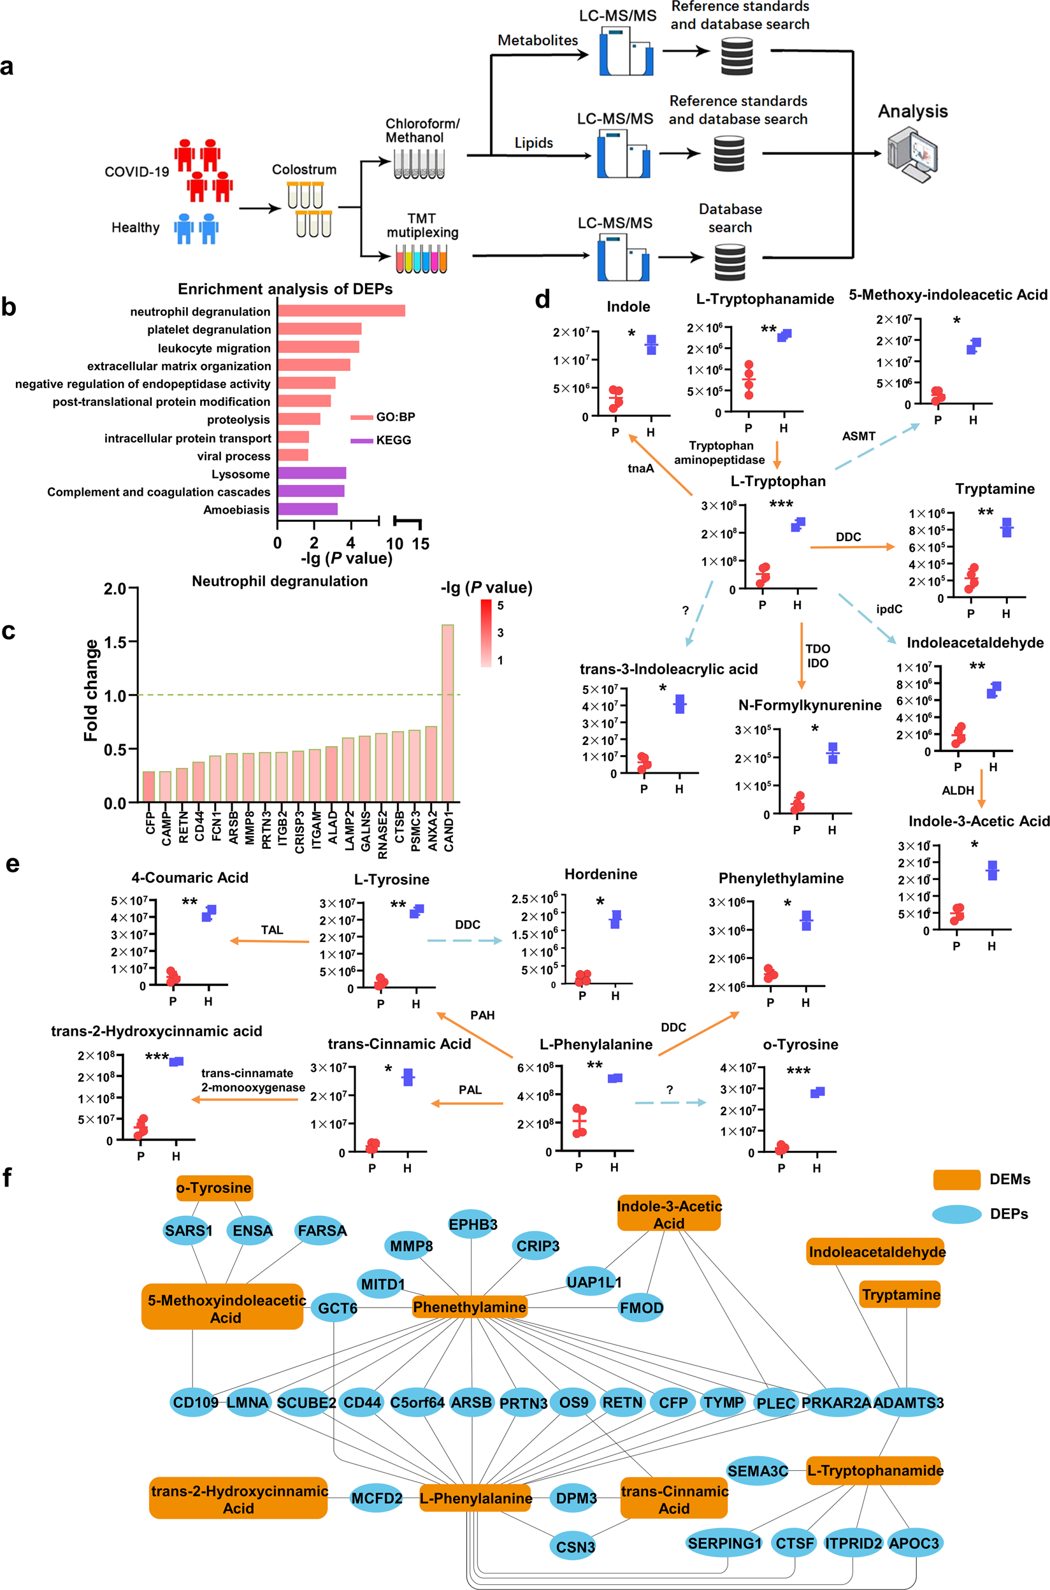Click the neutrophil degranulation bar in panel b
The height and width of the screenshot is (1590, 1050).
341,311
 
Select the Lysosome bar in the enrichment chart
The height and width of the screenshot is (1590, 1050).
312,473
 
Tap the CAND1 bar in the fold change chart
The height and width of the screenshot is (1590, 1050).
447,712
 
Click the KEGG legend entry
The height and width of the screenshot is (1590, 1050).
380,440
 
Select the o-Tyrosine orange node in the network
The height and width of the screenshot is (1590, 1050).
214,1187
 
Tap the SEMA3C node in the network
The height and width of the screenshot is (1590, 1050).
758,1471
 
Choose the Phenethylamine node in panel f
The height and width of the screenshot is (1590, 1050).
470,1306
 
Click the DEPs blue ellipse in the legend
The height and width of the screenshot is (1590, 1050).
957,1213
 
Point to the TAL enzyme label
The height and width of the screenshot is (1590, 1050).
272,930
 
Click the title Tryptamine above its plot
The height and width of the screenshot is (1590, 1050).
995,489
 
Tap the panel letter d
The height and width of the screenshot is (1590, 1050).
542,300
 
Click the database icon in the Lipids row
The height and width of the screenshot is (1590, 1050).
729,154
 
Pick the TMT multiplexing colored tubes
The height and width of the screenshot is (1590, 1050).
421,259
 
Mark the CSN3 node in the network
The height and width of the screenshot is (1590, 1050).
575,1547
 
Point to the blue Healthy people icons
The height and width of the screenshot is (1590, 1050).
196,228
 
